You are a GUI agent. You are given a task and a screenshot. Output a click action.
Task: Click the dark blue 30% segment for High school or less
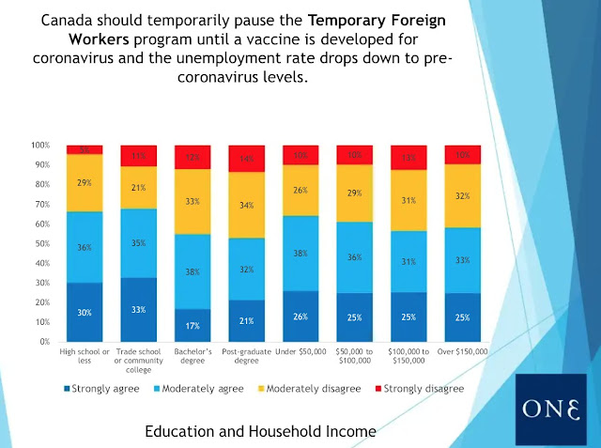85,312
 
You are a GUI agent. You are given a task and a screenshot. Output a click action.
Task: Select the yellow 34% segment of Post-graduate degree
247,205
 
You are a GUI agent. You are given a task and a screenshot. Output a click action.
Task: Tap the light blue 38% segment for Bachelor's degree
193,270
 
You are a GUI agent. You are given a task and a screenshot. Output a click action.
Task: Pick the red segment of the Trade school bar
139,156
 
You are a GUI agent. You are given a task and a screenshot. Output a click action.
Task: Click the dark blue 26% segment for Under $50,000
300,316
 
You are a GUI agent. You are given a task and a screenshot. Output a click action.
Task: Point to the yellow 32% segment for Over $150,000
462,195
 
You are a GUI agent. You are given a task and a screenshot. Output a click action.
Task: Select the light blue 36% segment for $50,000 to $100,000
355,256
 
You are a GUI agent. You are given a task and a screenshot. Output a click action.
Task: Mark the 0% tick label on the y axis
43,342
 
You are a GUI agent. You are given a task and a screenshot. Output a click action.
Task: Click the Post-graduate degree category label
247,356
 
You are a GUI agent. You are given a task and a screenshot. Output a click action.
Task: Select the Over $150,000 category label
462,351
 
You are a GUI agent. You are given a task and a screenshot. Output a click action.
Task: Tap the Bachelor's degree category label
193,356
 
